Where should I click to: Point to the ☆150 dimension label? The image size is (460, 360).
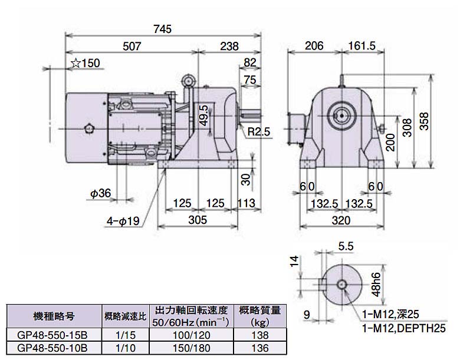click(86, 64)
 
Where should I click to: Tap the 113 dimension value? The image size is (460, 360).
click(247, 204)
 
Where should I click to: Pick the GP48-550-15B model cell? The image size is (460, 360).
click(52, 333)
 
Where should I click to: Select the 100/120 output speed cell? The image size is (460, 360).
click(191, 333)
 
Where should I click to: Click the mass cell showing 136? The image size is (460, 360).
click(259, 347)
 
